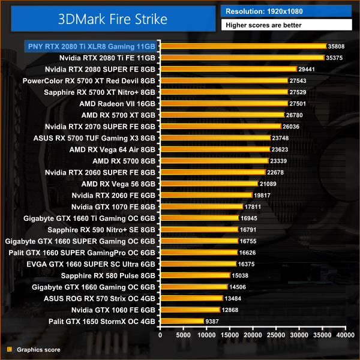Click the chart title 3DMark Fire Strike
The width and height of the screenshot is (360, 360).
pyautogui.click(x=113, y=19)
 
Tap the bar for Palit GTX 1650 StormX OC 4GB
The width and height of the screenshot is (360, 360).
pyautogui.click(x=182, y=321)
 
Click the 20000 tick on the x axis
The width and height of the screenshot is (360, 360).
pyautogui.click(x=253, y=336)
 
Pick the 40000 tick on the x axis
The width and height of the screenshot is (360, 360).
pyautogui.click(x=344, y=336)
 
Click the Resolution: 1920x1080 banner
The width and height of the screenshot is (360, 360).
pyautogui.click(x=286, y=11)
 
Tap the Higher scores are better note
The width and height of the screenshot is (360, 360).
pyautogui.click(x=286, y=25)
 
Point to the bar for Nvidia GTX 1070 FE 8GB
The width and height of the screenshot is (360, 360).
pyautogui.click(x=201, y=206)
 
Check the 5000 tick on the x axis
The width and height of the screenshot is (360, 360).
pyautogui.click(x=184, y=336)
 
